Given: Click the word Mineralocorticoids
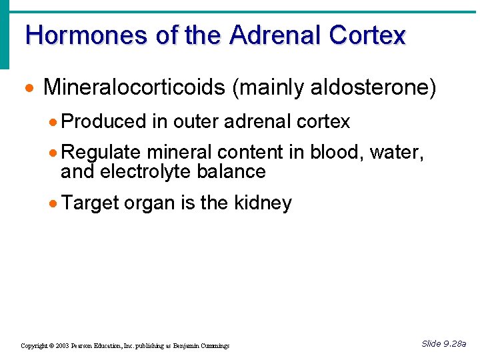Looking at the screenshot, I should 133,87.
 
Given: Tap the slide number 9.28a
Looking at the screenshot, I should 454,344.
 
